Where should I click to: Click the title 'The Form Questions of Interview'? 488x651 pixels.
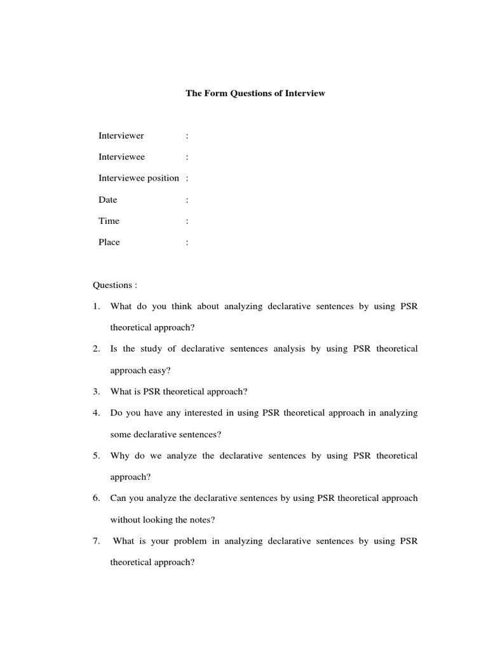(x=255, y=93)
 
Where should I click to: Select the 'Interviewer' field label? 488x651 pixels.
(x=121, y=135)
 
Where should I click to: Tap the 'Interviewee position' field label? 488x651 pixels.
(x=139, y=178)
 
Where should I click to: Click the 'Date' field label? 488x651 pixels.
(x=108, y=200)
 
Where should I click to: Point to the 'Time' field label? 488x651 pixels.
(x=109, y=221)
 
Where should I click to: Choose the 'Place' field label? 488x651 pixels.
(x=109, y=242)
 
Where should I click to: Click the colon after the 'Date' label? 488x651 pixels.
(x=187, y=200)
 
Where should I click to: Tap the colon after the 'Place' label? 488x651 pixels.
(x=187, y=243)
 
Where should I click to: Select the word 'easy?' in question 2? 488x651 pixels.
(x=159, y=371)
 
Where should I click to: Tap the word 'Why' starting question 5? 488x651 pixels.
(x=119, y=455)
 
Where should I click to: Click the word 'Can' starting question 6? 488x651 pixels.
(x=118, y=498)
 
